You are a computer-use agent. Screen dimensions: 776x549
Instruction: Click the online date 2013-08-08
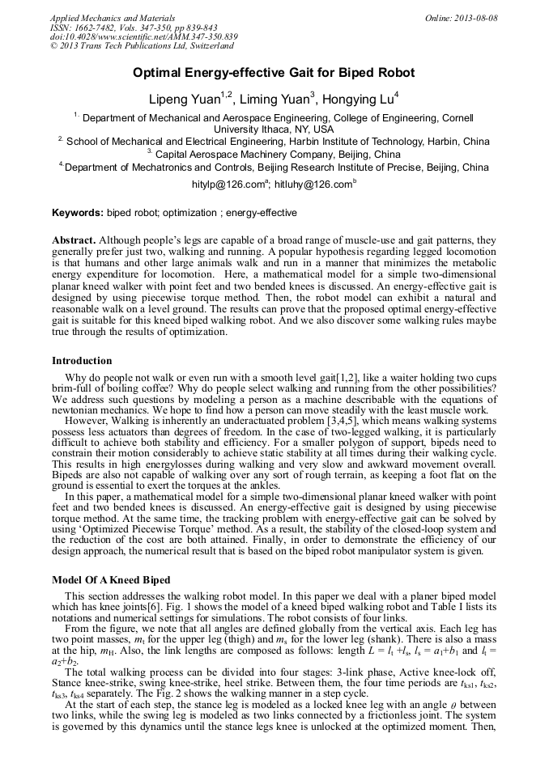pos(475,18)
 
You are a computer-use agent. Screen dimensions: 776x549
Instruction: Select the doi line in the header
pos(143,37)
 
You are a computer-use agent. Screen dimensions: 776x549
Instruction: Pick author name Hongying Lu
pos(356,100)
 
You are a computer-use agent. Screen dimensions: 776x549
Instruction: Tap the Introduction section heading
pos(82,361)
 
